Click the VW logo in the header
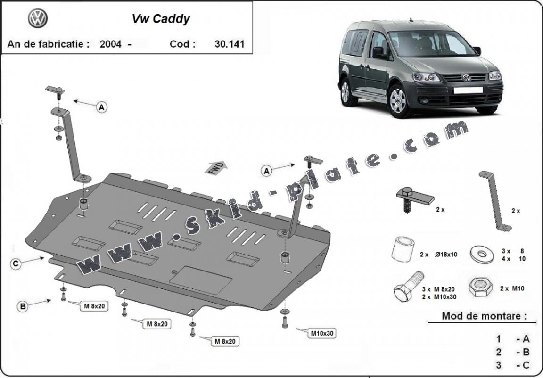[38, 19]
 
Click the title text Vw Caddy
[160, 19]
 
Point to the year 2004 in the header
[110, 44]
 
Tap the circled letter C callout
[16, 264]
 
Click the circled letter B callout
[22, 306]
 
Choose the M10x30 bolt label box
[322, 333]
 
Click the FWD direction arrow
[216, 167]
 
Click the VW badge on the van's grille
[466, 78]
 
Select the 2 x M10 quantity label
[511, 288]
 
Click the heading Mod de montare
[484, 316]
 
